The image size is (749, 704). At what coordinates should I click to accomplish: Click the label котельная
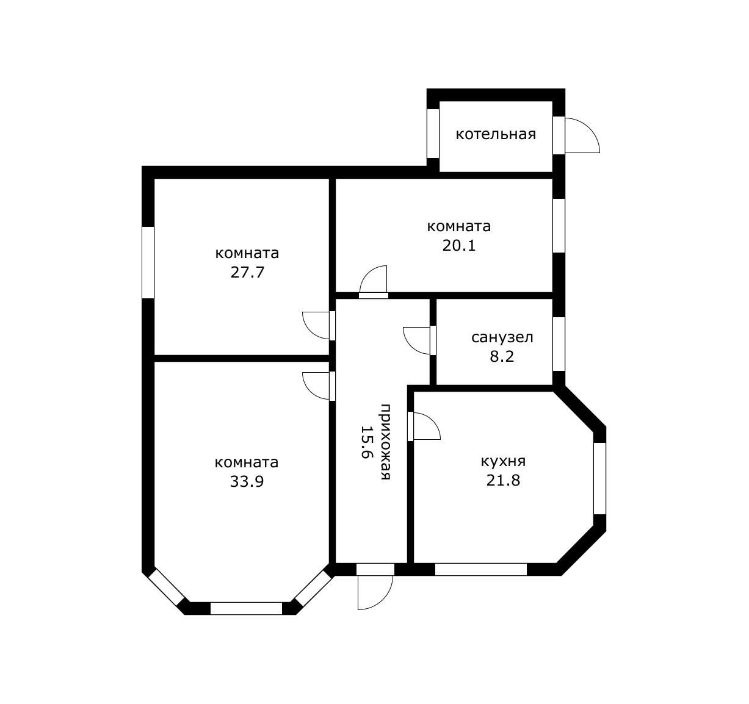click(496, 134)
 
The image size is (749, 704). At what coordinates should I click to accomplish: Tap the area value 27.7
click(247, 272)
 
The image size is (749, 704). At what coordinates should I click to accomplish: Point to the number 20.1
click(458, 245)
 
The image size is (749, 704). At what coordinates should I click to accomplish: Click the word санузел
click(502, 337)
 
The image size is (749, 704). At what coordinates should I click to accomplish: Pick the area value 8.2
click(502, 356)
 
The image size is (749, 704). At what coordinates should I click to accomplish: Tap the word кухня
click(503, 461)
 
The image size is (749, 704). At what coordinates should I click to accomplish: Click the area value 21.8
click(503, 480)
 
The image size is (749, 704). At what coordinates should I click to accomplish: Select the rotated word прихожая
click(385, 442)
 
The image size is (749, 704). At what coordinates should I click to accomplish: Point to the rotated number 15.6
click(367, 442)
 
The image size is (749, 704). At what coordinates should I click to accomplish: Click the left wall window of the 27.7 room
click(148, 262)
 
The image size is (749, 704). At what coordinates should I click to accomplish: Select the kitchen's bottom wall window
click(481, 569)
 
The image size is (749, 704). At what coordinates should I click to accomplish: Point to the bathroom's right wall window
click(559, 344)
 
